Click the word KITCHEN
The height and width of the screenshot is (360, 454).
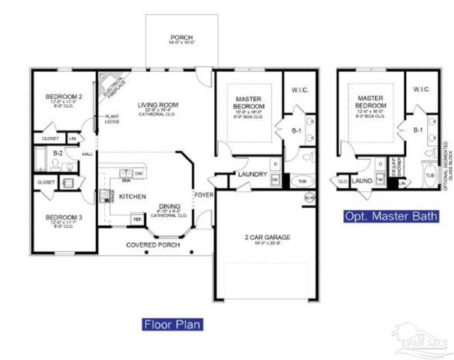132,196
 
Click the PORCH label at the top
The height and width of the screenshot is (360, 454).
181,37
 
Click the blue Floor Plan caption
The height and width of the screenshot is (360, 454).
173,325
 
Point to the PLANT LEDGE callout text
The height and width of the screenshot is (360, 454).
113,118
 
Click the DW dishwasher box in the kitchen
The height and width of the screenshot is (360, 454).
139,173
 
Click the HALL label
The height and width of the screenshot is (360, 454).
87,154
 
